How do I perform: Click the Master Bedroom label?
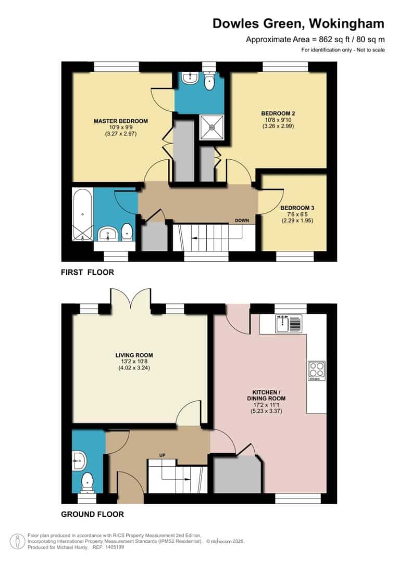click(x=120, y=121)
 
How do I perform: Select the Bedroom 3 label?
click(x=297, y=207)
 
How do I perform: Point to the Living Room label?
click(x=134, y=355)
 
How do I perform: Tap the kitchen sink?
click(x=288, y=324)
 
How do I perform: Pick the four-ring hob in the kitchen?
click(x=316, y=370)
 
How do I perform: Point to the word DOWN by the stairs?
click(x=242, y=221)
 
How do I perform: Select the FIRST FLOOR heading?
click(x=87, y=272)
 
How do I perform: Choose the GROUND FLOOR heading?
click(x=92, y=514)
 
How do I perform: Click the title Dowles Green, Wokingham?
click(x=298, y=23)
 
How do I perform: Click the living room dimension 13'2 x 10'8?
click(x=134, y=363)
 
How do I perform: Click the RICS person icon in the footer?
click(x=19, y=541)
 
